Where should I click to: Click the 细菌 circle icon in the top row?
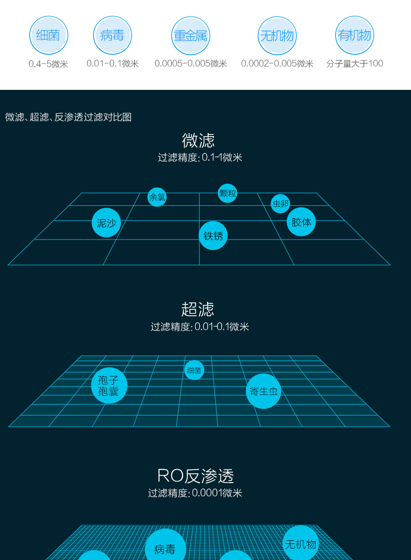click(48, 35)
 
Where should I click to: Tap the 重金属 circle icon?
click(190, 35)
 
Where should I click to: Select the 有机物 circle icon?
click(355, 35)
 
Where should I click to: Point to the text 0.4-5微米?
click(48, 64)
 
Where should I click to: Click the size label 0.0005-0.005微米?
click(190, 64)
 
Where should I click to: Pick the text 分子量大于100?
click(355, 64)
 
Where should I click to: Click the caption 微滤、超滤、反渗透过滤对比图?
click(68, 117)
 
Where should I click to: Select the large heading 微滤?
click(198, 140)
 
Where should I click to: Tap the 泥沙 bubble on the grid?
click(106, 222)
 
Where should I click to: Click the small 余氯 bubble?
click(157, 197)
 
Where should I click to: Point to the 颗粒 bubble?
click(228, 193)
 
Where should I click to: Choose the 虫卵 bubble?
click(280, 204)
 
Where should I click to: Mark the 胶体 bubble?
click(301, 222)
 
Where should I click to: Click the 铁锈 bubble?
click(213, 235)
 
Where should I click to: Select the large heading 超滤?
click(198, 309)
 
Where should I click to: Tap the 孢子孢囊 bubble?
click(109, 386)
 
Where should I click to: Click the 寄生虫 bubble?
click(263, 391)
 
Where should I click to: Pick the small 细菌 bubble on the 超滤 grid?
click(194, 370)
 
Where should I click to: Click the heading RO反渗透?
click(196, 476)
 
